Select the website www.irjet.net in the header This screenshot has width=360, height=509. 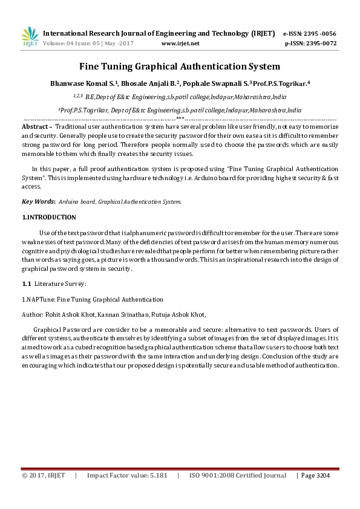tap(180, 44)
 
